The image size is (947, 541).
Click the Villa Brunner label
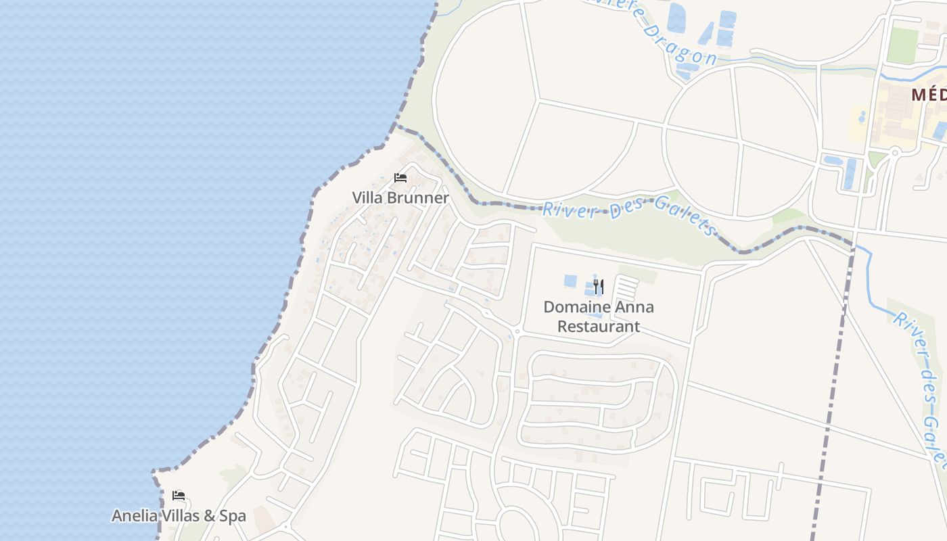[400, 197]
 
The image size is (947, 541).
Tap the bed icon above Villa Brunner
[400, 178]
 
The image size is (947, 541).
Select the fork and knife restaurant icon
[598, 287]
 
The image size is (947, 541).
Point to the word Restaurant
[598, 327]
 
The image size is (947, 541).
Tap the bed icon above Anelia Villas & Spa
[179, 496]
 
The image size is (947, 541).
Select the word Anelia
[135, 516]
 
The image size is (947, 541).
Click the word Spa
[233, 516]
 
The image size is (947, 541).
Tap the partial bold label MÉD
[928, 95]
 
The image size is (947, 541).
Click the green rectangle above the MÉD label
[902, 45]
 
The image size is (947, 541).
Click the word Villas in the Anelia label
[181, 516]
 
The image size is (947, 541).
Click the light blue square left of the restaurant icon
[571, 281]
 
